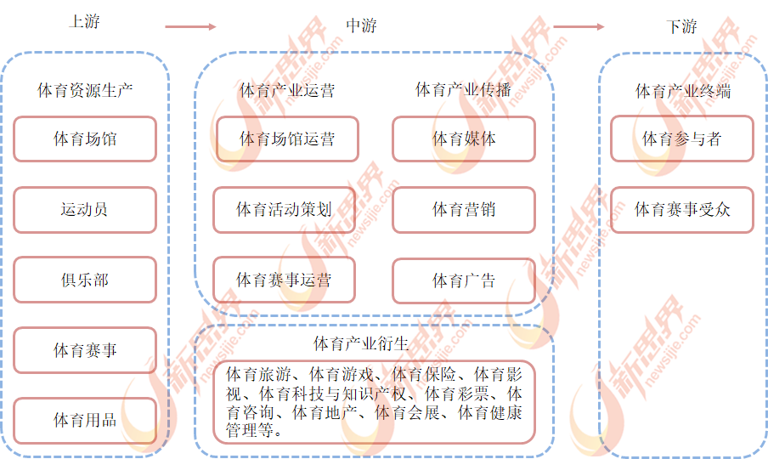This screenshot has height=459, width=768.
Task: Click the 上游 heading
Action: [85, 21]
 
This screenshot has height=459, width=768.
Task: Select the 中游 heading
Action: [361, 25]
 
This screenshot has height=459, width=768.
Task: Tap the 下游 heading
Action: [682, 26]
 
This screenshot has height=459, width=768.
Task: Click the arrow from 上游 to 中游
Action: [190, 26]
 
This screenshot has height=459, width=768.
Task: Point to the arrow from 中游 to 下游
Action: [579, 26]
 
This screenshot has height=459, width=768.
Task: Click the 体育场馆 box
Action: [85, 139]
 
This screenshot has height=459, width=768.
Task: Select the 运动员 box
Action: [85, 210]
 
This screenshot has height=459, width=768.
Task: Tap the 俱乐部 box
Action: [85, 280]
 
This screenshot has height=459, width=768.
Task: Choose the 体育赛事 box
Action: [85, 350]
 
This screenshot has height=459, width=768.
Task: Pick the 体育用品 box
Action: [85, 421]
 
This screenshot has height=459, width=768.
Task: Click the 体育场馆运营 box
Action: [287, 139]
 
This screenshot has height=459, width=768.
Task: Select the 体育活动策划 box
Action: [284, 210]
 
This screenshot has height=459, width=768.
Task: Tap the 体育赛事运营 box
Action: [284, 280]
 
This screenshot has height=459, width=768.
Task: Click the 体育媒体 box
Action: [464, 139]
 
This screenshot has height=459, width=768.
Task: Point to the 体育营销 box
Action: [464, 210]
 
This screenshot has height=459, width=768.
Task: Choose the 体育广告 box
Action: [464, 280]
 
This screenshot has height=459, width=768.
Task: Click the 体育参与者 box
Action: [682, 139]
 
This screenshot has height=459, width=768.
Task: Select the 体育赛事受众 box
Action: [682, 210]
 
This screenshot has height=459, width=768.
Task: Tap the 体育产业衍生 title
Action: [361, 343]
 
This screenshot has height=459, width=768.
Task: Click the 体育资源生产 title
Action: [85, 90]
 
